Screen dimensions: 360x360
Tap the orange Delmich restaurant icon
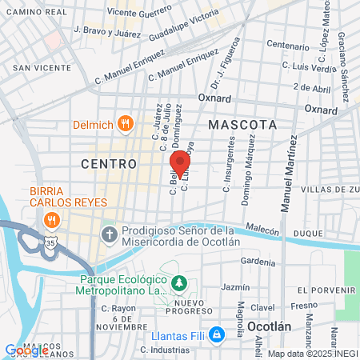(124, 123)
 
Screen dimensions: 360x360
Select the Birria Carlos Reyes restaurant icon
(52, 220)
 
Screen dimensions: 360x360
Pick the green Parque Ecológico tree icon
(180, 283)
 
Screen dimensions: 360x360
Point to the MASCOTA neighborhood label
(242, 125)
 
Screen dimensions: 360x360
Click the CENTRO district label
(104, 163)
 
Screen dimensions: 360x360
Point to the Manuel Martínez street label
(288, 174)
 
